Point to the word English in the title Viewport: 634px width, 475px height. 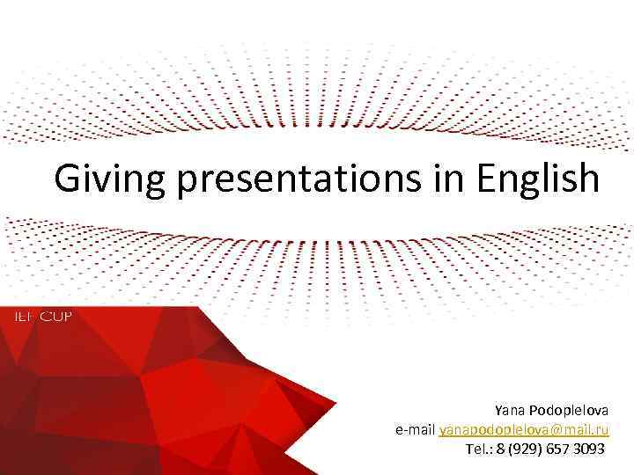pyautogui.click(x=538, y=179)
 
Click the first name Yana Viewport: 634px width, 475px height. pyautogui.click(x=508, y=411)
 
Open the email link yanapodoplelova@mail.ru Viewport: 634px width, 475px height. pyautogui.click(x=524, y=430)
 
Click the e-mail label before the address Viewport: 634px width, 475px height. pyautogui.click(x=416, y=430)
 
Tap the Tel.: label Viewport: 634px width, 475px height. pyautogui.click(x=481, y=449)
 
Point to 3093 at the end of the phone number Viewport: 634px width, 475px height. pyautogui.click(x=589, y=449)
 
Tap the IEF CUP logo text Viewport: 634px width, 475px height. pyautogui.click(x=41, y=316)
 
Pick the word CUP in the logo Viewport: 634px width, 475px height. pyautogui.click(x=55, y=316)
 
